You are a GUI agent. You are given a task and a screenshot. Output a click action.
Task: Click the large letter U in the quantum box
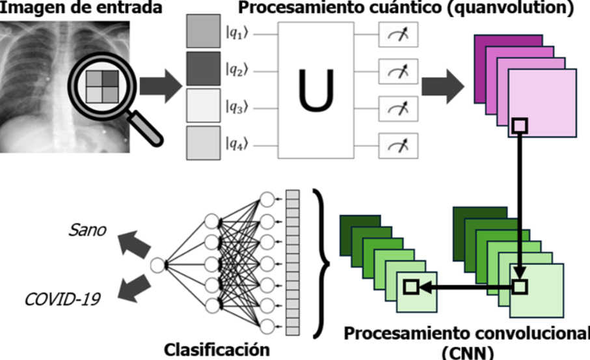[x=315, y=90]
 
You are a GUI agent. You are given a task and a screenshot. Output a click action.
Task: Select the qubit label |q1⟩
[x=237, y=33]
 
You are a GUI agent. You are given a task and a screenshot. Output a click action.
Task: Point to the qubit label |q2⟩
[x=237, y=70]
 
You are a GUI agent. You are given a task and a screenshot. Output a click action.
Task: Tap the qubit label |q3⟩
[x=237, y=107]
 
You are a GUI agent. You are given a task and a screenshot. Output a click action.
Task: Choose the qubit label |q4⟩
[x=237, y=145]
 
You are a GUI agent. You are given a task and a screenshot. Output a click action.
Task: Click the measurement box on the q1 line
[x=398, y=35]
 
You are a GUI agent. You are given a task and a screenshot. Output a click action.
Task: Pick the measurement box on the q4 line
[x=398, y=146]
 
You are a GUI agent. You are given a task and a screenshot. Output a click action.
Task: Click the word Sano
[x=87, y=230]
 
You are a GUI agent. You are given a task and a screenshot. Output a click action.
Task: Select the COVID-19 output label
[x=62, y=299]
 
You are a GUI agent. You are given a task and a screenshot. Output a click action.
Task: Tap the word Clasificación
[x=217, y=350]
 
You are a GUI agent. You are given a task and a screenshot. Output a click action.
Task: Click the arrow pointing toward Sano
[x=134, y=244]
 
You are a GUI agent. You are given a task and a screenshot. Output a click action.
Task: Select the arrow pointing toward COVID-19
[x=134, y=288]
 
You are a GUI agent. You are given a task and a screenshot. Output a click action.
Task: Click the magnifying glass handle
[x=145, y=128]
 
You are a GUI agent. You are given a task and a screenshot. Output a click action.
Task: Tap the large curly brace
[x=321, y=263]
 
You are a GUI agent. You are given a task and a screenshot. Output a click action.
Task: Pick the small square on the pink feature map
[x=520, y=126]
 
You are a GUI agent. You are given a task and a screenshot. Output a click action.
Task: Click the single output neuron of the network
[x=157, y=265]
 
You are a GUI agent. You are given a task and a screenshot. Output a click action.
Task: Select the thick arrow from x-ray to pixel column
[x=161, y=86]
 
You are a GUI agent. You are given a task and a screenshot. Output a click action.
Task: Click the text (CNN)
[x=468, y=353]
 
